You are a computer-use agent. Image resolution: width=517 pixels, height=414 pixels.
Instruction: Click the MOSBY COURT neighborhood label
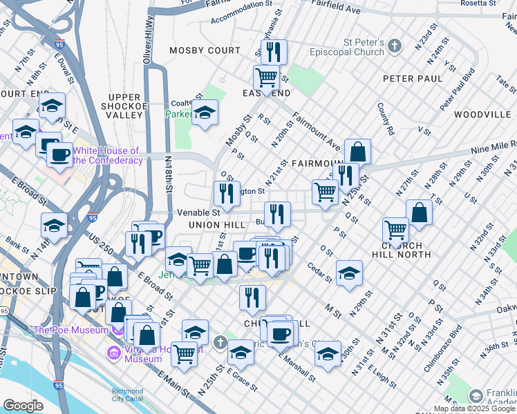206,50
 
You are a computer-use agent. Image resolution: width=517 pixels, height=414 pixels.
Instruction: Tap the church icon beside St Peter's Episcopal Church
395,46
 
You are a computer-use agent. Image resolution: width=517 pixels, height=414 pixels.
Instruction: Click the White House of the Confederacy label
106,155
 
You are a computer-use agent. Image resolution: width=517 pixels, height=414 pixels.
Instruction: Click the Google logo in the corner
23,405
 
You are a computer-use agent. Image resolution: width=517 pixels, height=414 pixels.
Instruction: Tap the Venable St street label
198,213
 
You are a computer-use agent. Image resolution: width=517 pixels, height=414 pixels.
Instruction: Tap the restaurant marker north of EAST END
274,51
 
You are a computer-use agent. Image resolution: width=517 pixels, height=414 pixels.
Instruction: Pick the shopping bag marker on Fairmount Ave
357,152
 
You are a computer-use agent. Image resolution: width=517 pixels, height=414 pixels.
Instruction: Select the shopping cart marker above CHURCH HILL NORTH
395,229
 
